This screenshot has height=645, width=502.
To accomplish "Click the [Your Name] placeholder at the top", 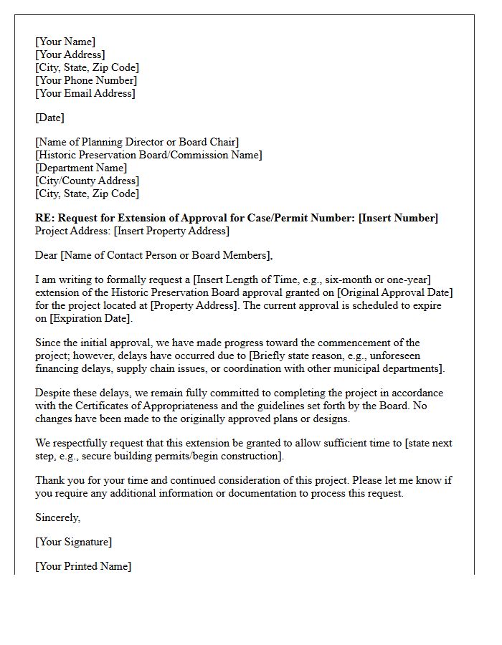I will coord(65,42).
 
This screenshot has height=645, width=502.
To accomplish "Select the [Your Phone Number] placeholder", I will coord(85,80).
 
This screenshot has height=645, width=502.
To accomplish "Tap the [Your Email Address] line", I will coord(85,93).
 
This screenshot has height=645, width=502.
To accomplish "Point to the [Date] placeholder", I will coord(49,118).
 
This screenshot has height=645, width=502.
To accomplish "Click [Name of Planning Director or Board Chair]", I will coord(137,142).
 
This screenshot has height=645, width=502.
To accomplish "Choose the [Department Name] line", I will coord(81,168).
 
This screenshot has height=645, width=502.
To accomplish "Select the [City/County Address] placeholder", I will coord(87,181).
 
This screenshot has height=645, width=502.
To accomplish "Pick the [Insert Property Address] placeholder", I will coord(172,231).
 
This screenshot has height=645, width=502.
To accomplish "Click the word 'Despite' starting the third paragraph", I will coord(53,393).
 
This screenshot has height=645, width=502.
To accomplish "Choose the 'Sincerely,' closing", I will coord(58,517).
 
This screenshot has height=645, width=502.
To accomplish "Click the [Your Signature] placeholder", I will coord(73,542).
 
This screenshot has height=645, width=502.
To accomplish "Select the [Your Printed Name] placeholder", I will coord(83,566).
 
